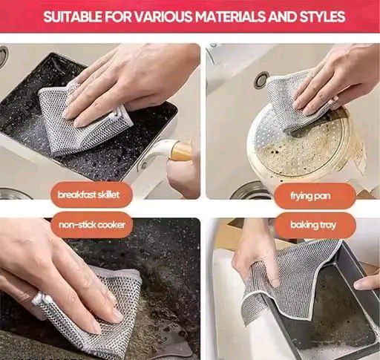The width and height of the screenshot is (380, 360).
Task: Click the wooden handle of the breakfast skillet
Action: pos(180,151)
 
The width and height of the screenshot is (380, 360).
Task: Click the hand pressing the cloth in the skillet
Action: pos(126,82)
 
